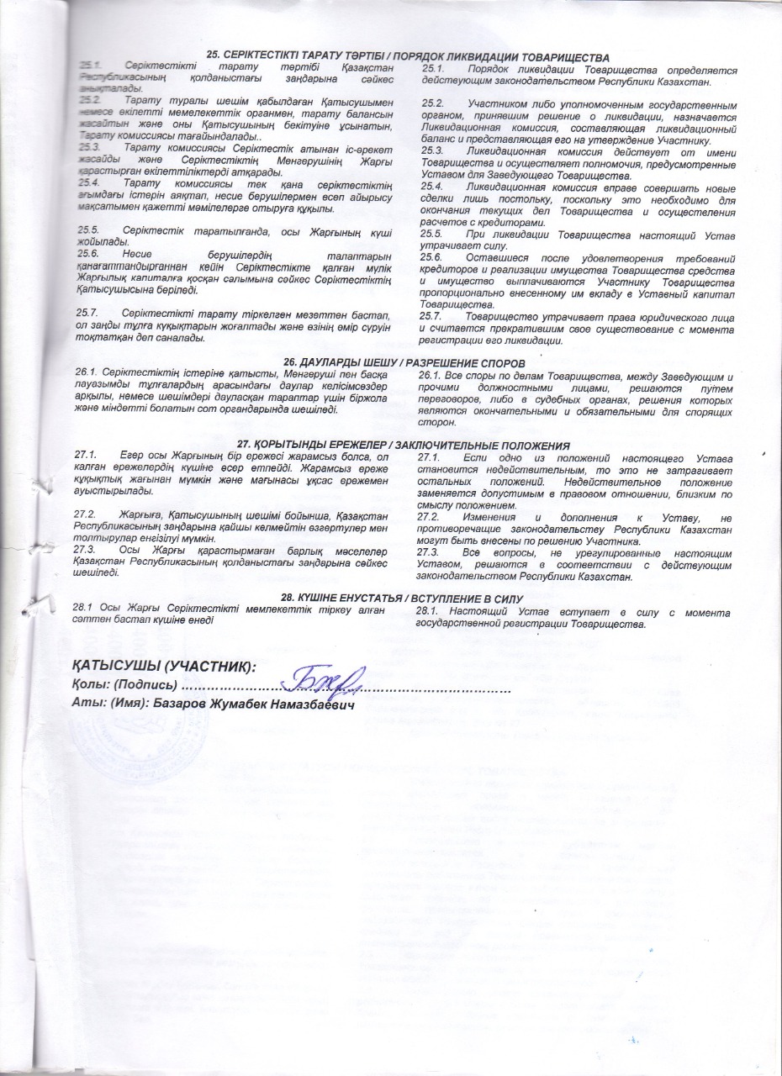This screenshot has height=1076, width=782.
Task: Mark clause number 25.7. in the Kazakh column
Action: pos(89,314)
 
